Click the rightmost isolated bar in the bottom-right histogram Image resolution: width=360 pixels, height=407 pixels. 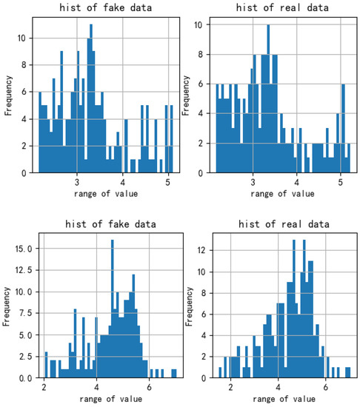(x=347, y=372)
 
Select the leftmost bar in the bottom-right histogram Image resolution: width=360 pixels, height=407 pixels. (x=220, y=372)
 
